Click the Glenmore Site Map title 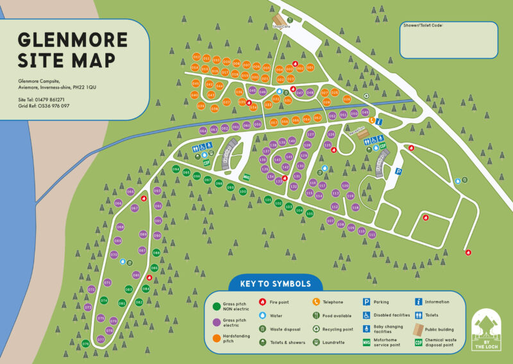click(72, 49)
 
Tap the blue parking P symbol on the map click(398, 171)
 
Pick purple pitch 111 click(372, 235)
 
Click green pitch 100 click(242, 191)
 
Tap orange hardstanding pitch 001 click(310, 67)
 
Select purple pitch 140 click(292, 141)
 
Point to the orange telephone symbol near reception click(371, 120)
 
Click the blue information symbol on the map click(379, 121)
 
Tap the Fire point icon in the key click(262, 302)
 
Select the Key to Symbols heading click(275, 283)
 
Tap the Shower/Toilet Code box click(448, 40)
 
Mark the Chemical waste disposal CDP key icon click(419, 342)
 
